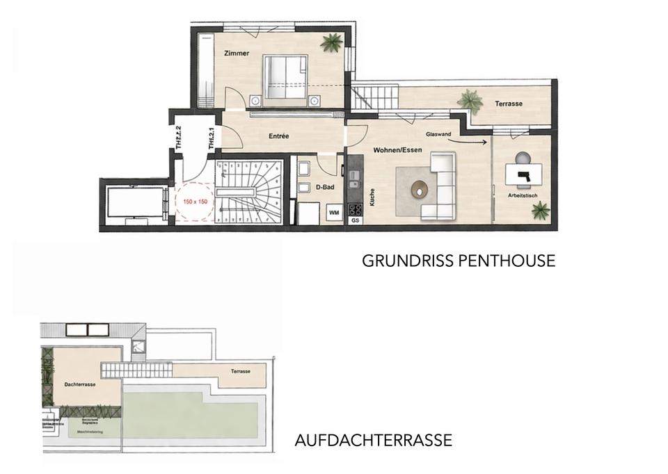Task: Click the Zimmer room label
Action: (x=237, y=54)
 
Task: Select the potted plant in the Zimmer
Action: (x=331, y=43)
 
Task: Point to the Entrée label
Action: (x=278, y=136)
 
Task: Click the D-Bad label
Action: (x=326, y=187)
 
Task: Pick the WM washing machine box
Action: (x=333, y=212)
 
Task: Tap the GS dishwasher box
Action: (x=355, y=220)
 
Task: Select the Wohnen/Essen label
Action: (x=395, y=150)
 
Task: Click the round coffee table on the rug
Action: (x=420, y=188)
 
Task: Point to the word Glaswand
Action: (x=436, y=134)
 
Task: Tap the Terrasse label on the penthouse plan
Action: (x=509, y=104)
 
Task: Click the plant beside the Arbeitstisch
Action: (x=541, y=210)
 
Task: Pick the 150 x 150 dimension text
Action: (x=195, y=201)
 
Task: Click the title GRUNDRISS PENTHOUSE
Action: (x=459, y=261)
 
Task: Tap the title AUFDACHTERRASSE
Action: (x=374, y=440)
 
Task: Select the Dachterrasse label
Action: (x=79, y=383)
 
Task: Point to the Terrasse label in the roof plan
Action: (x=241, y=372)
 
